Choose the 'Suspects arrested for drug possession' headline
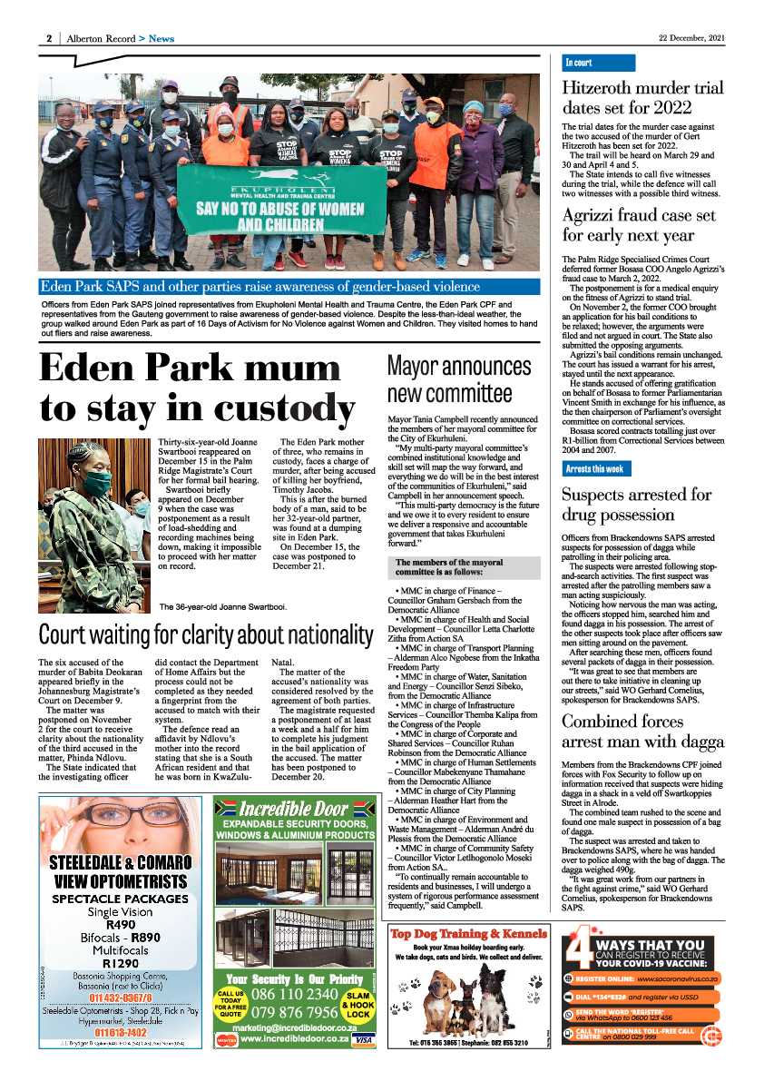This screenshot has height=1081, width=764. point(635,505)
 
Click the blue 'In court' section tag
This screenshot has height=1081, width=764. point(578,63)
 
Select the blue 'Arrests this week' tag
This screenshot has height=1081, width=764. point(594,469)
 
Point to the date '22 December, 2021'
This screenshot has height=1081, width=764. point(691,38)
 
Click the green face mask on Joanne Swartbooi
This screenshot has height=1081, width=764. point(97,482)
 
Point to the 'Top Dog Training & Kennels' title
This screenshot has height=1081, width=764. point(469,934)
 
